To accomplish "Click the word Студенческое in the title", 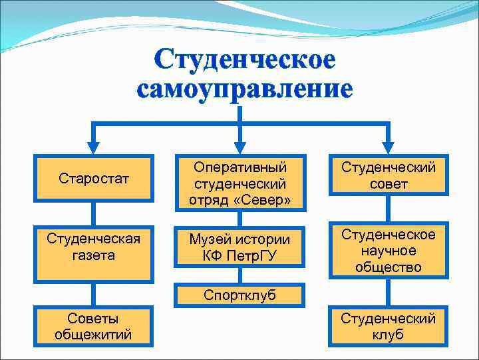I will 244,60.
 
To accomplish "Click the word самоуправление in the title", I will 244,89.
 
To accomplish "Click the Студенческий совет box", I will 388,175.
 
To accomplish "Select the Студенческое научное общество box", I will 388,251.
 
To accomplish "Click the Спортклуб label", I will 239,295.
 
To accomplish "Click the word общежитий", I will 94,334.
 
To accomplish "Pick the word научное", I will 388,251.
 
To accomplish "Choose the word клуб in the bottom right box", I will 388,335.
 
